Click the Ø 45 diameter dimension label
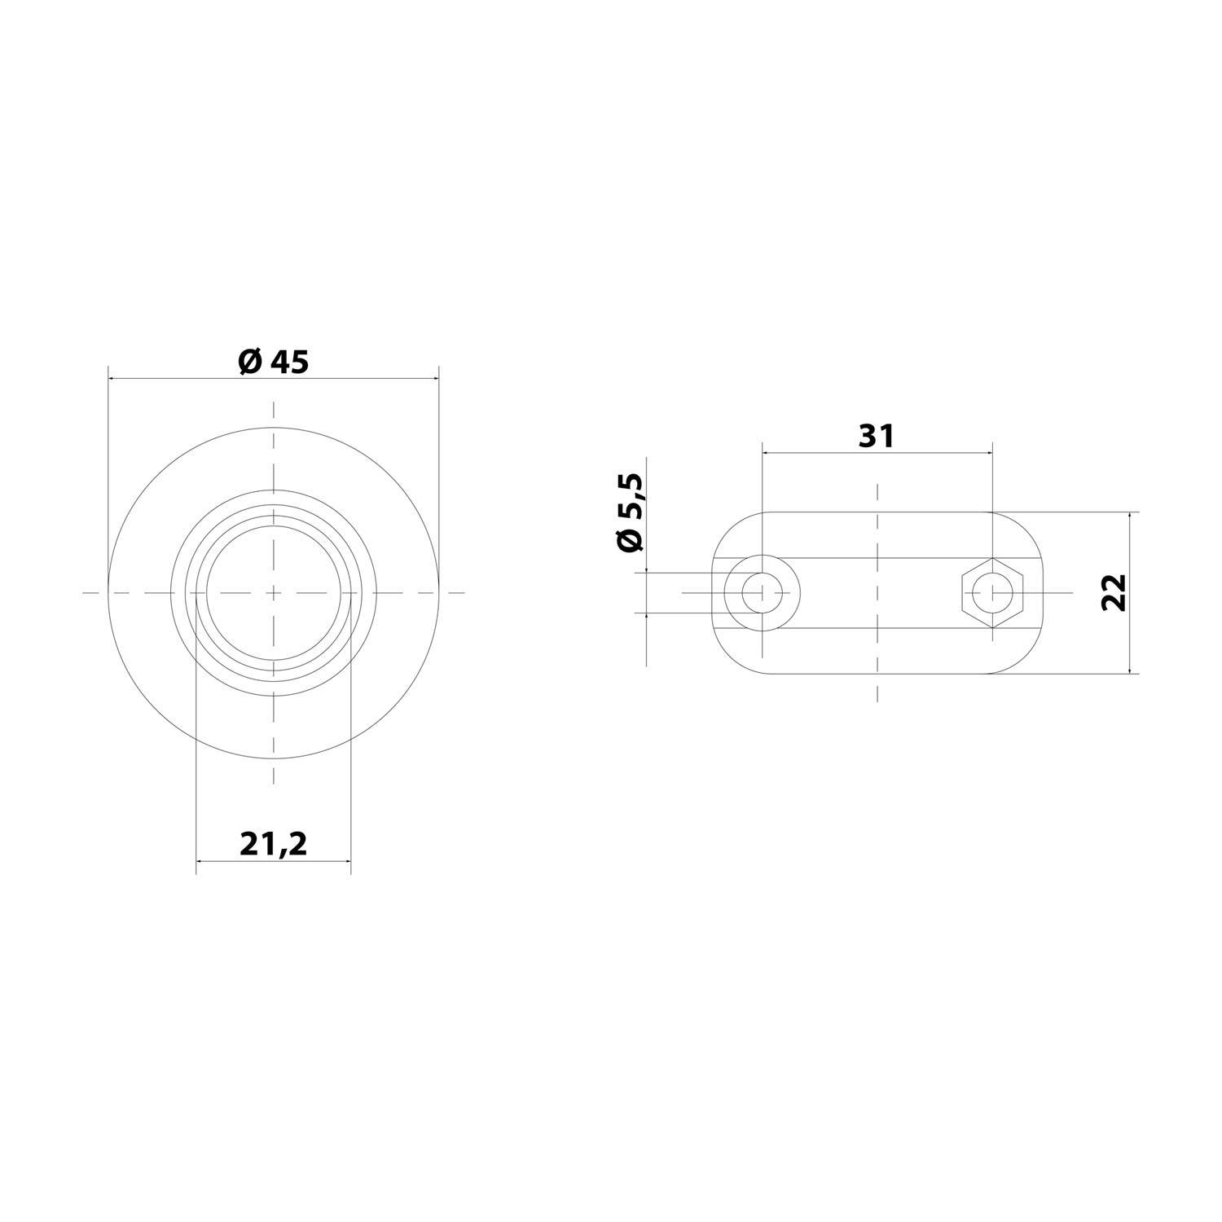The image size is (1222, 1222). [274, 362]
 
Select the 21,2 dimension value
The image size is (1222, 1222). [274, 845]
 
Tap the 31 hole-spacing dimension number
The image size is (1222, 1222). [877, 437]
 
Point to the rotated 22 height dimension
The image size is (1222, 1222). [1114, 592]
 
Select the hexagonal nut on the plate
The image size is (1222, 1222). [991, 592]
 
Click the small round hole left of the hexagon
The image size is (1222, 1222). [762, 592]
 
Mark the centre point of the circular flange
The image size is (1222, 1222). [274, 592]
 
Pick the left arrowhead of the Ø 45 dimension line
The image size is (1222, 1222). [113, 378]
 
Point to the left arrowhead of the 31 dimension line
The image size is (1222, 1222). [767, 451]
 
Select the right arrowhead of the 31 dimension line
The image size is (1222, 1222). [987, 451]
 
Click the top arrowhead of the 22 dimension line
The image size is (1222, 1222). [1130, 517]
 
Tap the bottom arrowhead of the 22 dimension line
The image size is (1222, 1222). [1130, 669]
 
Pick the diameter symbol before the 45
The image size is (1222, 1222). [249, 362]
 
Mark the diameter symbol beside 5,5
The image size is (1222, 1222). [631, 539]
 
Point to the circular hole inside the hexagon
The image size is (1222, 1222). [991, 592]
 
